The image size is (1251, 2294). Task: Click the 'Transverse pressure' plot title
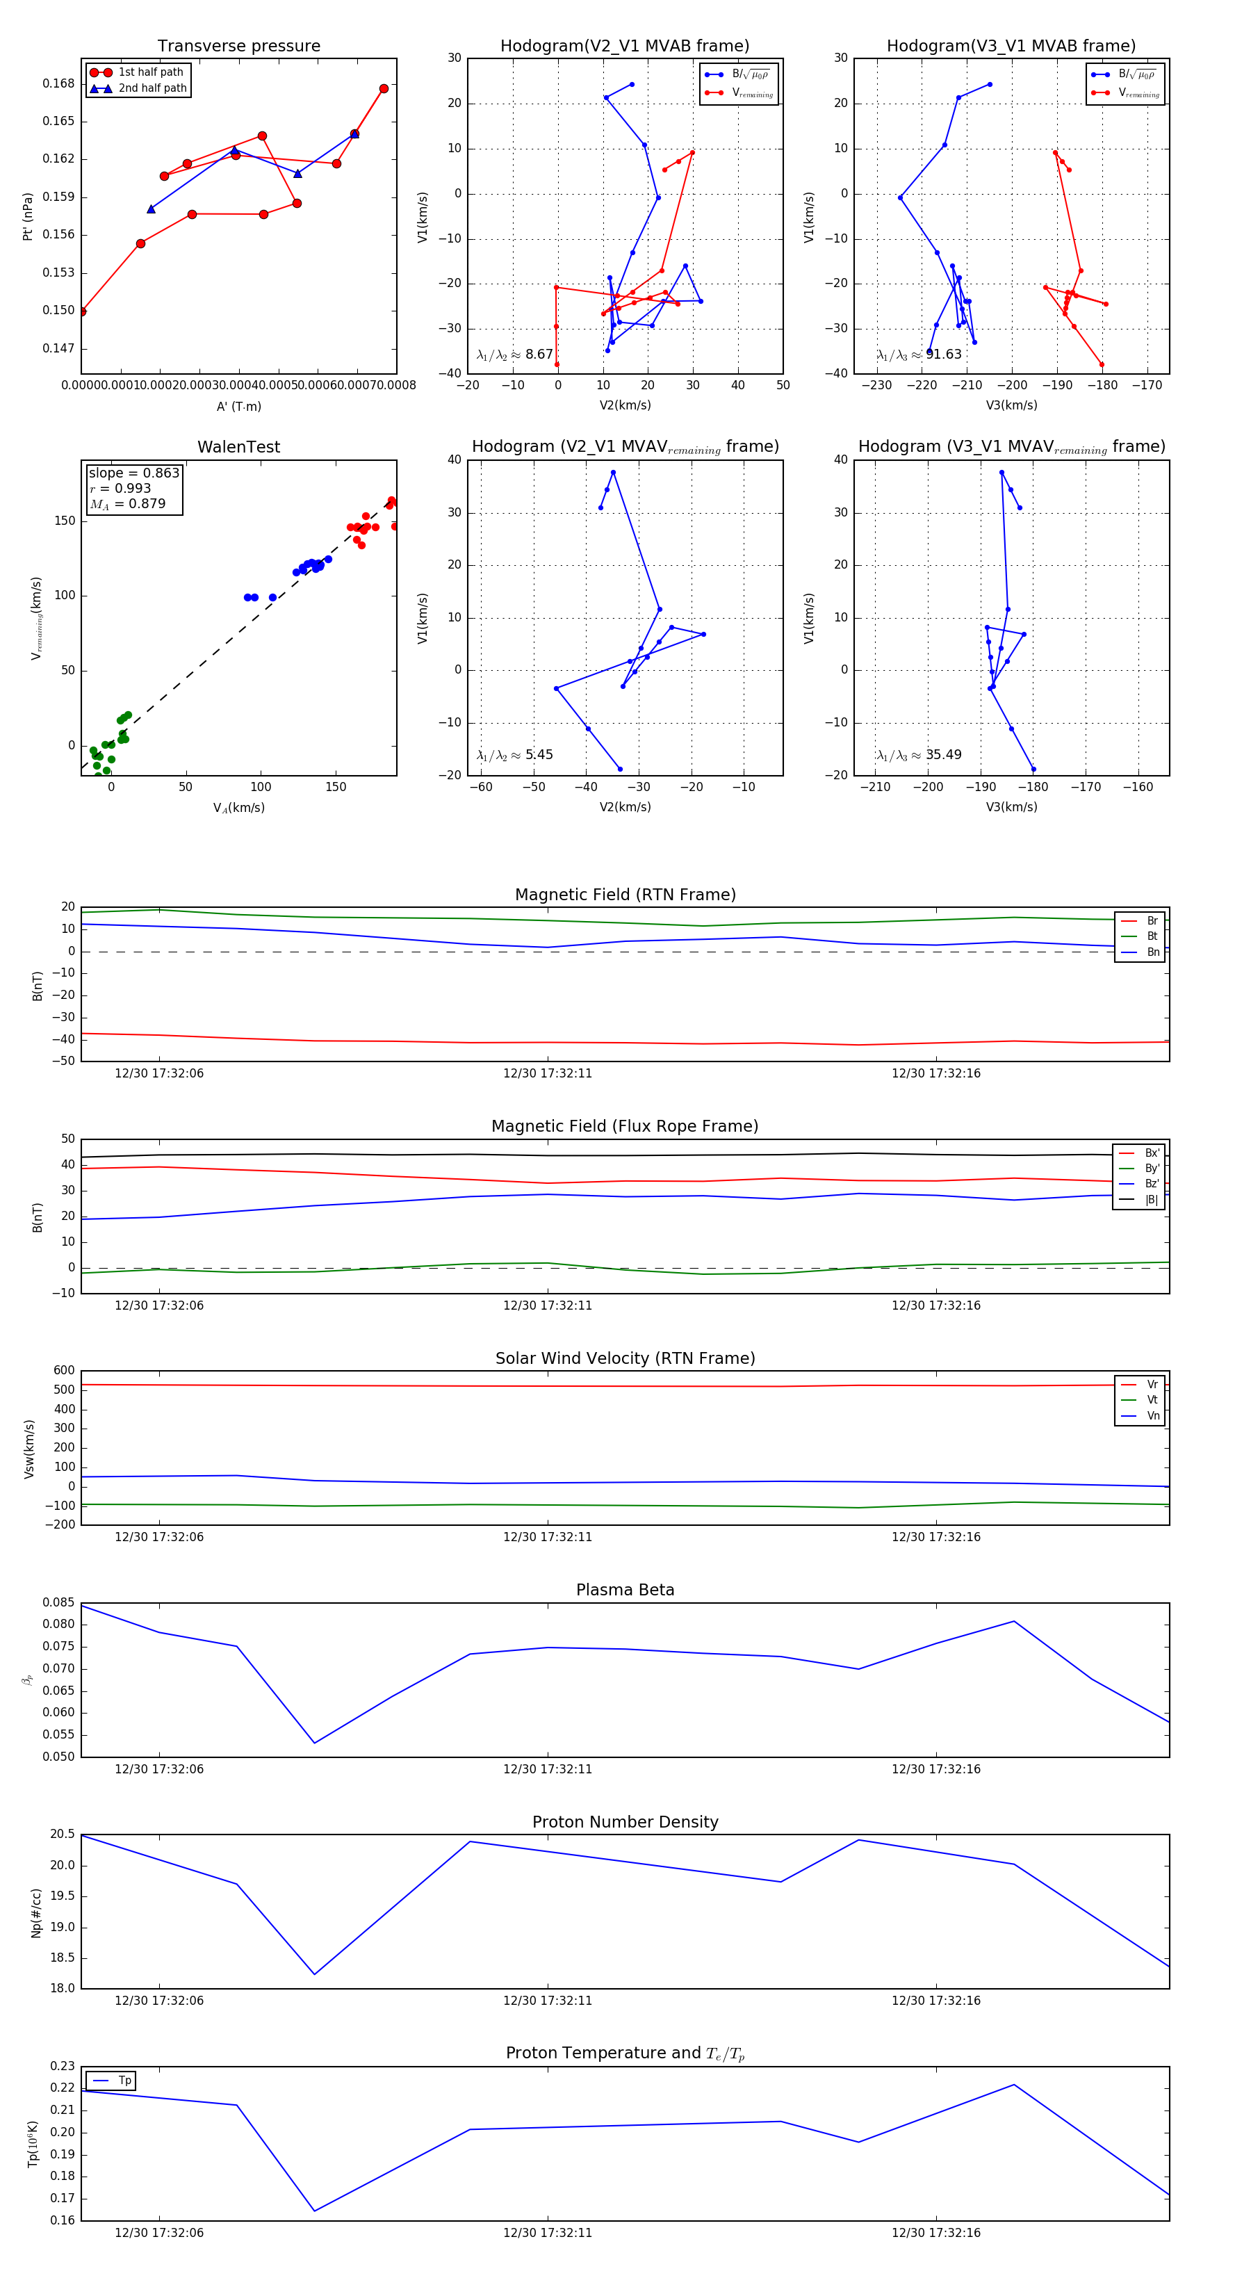238,47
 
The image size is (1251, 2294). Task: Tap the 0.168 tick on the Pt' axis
59,83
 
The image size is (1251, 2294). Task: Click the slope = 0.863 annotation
133,473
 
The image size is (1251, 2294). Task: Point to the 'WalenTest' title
238,447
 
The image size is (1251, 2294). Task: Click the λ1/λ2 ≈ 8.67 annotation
514,355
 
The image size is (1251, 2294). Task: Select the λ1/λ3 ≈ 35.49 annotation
919,755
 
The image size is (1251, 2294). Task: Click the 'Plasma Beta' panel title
625,1590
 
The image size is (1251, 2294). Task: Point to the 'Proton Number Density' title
625,1821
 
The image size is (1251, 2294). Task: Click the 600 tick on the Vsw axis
64,1371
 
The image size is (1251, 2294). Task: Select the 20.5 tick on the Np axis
63,1834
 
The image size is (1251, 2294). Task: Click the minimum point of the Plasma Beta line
314,1743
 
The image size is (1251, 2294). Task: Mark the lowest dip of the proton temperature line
314,2211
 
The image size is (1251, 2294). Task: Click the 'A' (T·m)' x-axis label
238,406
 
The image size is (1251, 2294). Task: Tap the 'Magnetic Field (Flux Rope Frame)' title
625,1127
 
